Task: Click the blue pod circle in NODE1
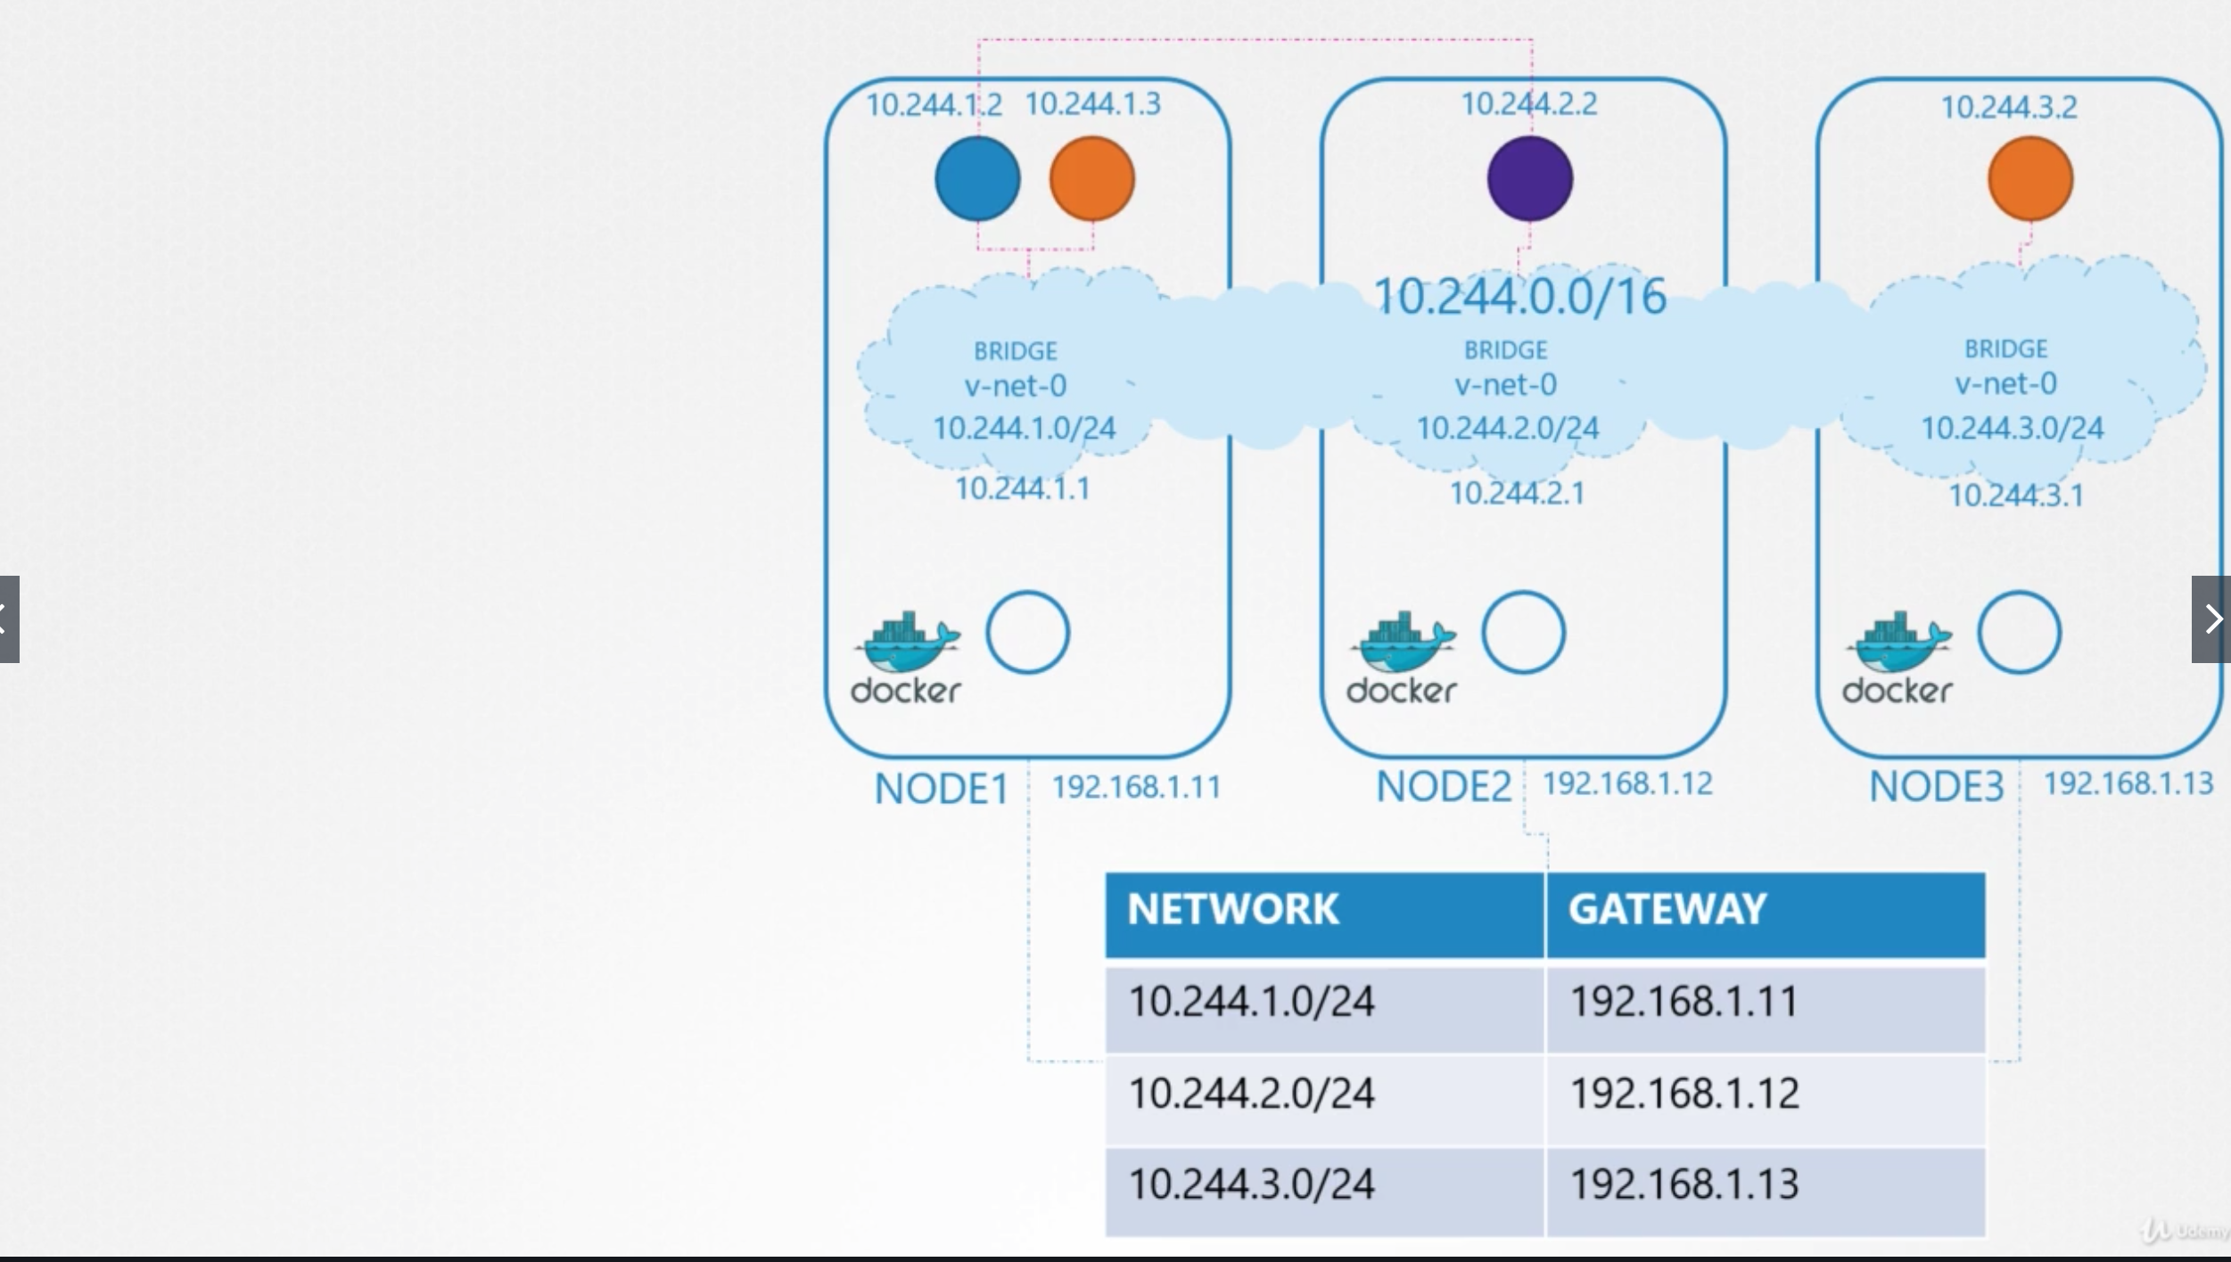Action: [977, 178]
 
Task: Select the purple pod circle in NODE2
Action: [1530, 178]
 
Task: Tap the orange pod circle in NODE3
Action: [2030, 178]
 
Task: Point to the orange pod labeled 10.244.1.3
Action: [1092, 178]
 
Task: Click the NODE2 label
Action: [1443, 787]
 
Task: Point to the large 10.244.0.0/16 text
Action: [1519, 297]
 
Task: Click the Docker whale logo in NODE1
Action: [906, 656]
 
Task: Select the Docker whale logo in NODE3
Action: [1898, 656]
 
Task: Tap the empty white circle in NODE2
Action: [1523, 633]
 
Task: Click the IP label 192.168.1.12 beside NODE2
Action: [1627, 784]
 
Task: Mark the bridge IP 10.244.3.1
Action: [2015, 496]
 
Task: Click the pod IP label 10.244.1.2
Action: [934, 105]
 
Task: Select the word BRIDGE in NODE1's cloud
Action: [1015, 351]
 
